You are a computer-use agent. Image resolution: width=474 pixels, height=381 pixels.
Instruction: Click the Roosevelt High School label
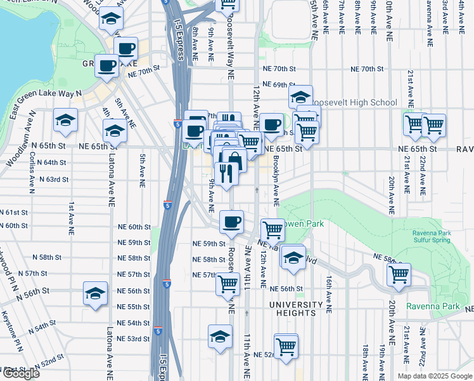(355, 102)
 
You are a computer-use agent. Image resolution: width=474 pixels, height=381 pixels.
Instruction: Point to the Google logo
(21, 373)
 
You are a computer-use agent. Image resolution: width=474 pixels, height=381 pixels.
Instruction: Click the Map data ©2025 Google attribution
(434, 375)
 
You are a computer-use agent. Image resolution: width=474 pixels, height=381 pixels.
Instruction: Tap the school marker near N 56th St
(95, 294)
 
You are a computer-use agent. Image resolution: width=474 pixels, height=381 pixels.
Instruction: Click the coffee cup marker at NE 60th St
(231, 222)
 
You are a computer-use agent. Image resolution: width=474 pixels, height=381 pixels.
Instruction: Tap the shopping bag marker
(234, 160)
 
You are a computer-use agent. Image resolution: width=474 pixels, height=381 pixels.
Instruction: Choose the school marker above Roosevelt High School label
(300, 97)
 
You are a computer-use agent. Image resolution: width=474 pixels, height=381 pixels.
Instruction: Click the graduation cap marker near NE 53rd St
(220, 337)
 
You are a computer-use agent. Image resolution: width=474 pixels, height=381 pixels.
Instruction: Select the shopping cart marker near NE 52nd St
(286, 346)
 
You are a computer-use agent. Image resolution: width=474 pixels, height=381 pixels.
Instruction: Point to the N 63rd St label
(53, 180)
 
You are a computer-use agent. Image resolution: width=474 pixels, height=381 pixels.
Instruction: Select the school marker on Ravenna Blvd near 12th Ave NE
(293, 257)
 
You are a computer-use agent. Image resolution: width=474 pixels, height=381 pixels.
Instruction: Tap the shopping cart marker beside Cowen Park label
(272, 230)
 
